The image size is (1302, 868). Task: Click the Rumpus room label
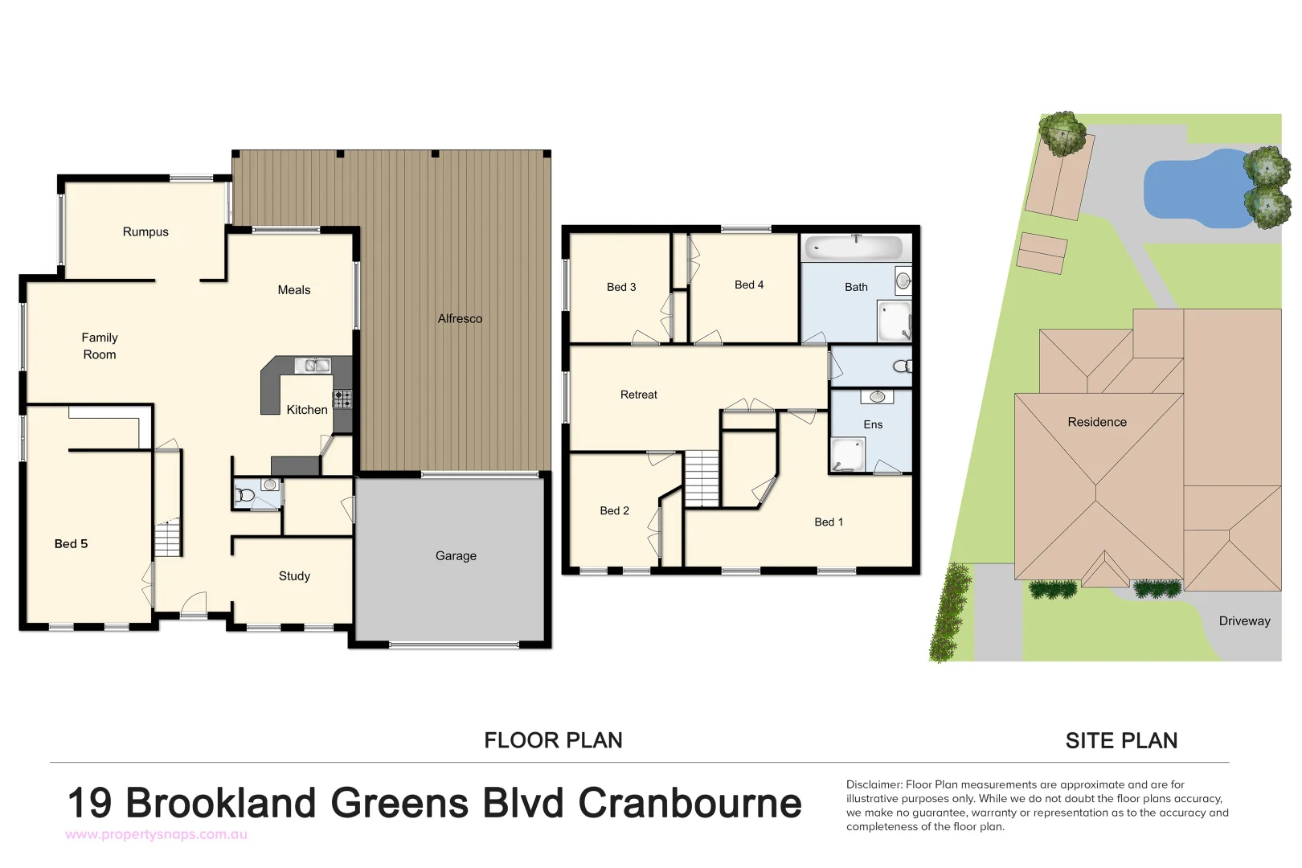point(145,232)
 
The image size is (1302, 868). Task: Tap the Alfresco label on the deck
point(460,319)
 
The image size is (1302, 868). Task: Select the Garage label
point(456,556)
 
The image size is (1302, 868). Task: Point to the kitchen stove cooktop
point(342,399)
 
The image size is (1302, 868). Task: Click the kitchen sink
point(313,366)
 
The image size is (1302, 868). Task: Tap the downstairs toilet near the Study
point(245,495)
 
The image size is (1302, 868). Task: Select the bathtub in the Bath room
point(854,247)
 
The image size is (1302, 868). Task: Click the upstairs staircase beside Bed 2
point(702,478)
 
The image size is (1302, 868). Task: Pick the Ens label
point(873,425)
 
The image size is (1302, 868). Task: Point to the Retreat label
point(639,395)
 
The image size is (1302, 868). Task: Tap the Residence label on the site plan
point(1097,423)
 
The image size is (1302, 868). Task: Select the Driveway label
point(1244,621)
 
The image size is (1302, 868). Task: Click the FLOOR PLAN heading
point(553,741)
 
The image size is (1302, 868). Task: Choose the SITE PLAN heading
point(1121,741)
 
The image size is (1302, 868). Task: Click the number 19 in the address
point(89,804)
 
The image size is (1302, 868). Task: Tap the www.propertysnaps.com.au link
point(157,835)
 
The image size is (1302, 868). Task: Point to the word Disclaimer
point(874,784)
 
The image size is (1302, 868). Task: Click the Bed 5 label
point(71,544)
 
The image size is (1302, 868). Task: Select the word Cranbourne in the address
point(690,804)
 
